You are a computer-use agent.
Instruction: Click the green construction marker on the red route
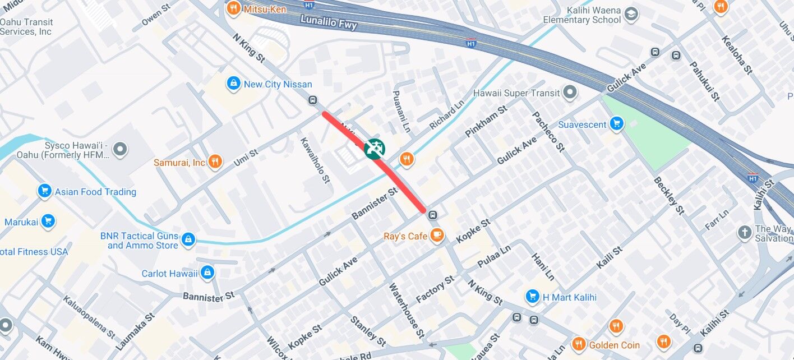pyautogui.click(x=374, y=148)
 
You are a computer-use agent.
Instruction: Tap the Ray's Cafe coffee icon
pyautogui.click(x=437, y=236)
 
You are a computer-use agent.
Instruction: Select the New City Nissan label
pyautogui.click(x=278, y=84)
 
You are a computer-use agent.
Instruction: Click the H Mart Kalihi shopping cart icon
pyautogui.click(x=532, y=297)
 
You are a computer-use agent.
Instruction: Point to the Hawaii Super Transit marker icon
pyautogui.click(x=570, y=93)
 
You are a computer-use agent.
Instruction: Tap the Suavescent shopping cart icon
pyautogui.click(x=617, y=124)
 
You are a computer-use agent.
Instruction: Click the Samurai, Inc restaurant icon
pyautogui.click(x=214, y=163)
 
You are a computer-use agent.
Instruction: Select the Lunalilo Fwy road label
pyautogui.click(x=328, y=22)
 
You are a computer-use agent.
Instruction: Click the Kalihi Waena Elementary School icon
pyautogui.click(x=631, y=14)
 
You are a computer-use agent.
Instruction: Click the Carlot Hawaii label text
pyautogui.click(x=169, y=274)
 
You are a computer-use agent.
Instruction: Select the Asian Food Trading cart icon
pyautogui.click(x=45, y=191)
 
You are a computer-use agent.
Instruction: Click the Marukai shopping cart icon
pyautogui.click(x=48, y=221)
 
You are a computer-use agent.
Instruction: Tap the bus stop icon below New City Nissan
pyautogui.click(x=312, y=100)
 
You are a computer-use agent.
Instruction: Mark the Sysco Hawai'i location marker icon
pyautogui.click(x=120, y=149)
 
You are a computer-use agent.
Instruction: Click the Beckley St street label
pyautogui.click(x=669, y=195)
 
